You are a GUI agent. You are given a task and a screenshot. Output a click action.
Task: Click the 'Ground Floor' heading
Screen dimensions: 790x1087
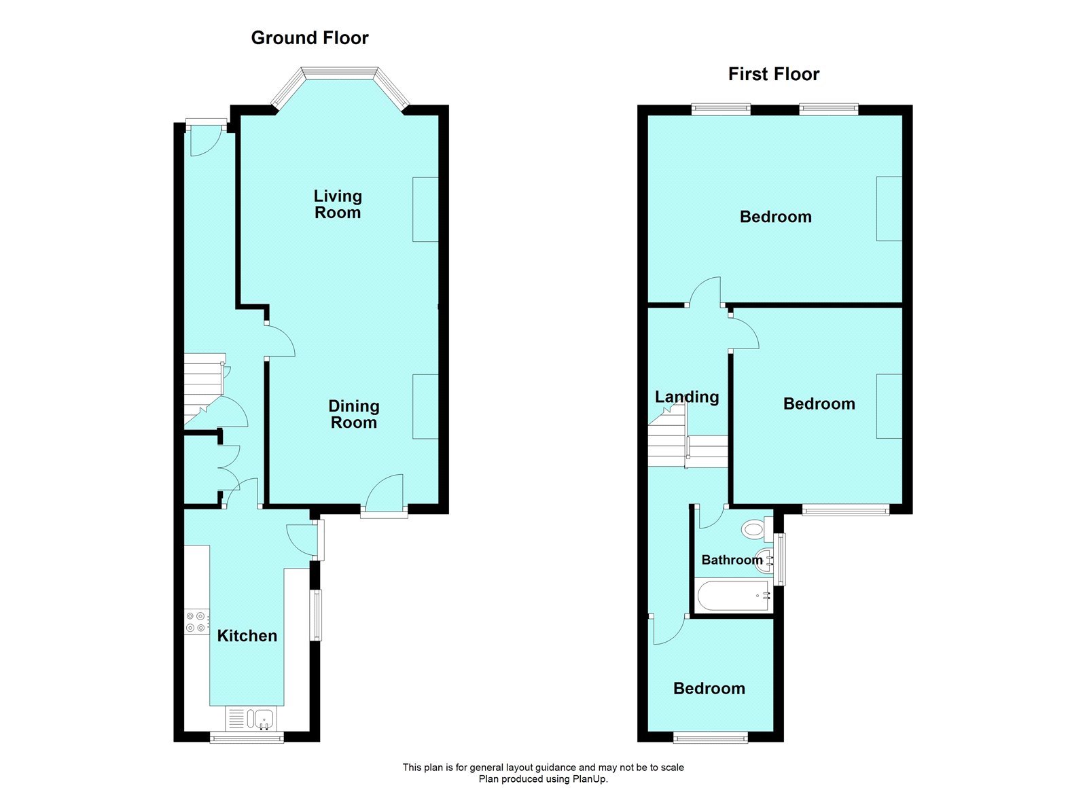point(310,38)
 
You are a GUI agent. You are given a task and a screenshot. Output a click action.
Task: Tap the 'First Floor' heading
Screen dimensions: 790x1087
point(774,74)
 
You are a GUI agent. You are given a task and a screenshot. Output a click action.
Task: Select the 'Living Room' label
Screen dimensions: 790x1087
point(338,204)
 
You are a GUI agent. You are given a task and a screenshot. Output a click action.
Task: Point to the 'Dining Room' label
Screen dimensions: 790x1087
point(353,414)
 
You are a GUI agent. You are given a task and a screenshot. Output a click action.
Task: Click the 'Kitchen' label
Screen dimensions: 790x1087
point(247,636)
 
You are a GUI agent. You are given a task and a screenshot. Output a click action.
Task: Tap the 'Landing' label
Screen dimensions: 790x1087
point(687,397)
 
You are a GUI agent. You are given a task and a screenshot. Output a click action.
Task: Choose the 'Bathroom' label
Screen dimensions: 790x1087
point(732,560)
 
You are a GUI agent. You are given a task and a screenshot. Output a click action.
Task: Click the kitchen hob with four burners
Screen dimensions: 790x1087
point(196,622)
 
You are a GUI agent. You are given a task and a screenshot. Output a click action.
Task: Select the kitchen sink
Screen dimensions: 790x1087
point(261,718)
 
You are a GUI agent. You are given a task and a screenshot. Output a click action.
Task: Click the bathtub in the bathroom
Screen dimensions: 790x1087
point(734,596)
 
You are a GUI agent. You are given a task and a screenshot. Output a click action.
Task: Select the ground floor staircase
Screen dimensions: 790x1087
point(203,387)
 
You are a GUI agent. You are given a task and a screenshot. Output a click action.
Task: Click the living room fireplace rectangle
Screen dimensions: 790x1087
point(425,209)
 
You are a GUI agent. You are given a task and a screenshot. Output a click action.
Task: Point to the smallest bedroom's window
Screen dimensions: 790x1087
point(711,737)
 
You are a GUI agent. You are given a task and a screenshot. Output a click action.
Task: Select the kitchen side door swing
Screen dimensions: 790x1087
point(301,538)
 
